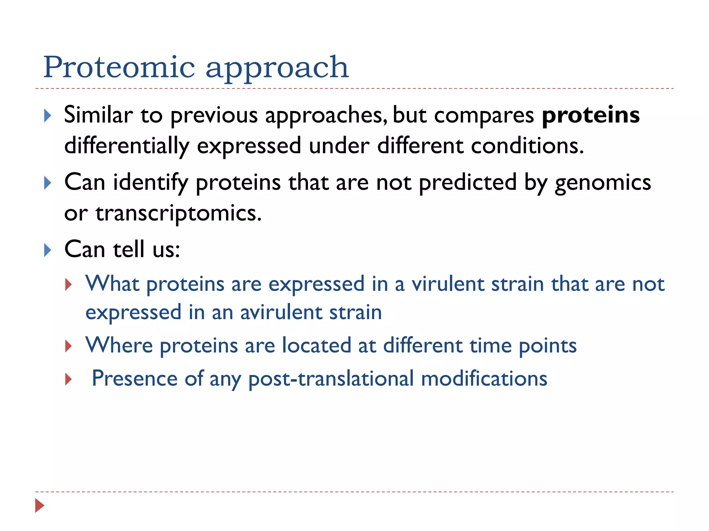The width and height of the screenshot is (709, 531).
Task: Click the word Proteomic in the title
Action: tap(119, 67)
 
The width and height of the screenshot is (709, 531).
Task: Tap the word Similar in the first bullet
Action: tap(98, 115)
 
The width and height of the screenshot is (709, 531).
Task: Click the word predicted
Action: tap(468, 183)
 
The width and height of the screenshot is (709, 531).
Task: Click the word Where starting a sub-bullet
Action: tap(119, 345)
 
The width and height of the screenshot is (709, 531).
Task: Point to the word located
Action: tap(316, 345)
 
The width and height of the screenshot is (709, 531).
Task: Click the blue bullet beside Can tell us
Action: tap(48, 250)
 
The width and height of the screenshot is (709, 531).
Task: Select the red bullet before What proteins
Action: tap(69, 285)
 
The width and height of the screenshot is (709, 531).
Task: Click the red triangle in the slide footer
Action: tap(39, 505)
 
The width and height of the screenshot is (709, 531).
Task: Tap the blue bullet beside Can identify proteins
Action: tap(48, 183)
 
